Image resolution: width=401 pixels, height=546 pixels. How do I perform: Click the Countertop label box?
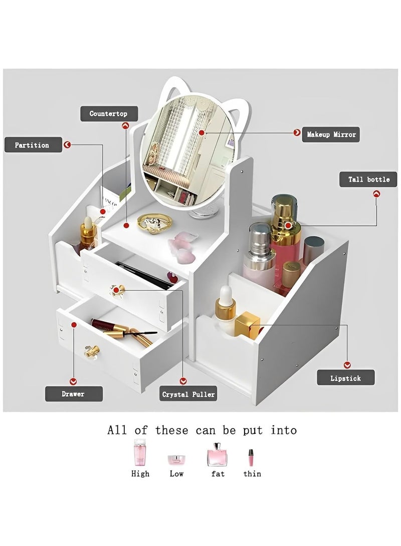click(108, 114)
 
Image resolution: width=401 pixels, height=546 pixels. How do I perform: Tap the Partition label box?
click(33, 145)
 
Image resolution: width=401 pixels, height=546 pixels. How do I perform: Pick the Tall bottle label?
click(368, 179)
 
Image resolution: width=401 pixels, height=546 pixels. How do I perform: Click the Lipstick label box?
click(345, 378)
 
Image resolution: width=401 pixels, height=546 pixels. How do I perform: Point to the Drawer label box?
click(74, 393)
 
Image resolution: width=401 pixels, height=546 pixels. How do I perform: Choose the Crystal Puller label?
click(188, 394)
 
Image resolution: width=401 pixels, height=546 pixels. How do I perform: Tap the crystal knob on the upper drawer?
click(118, 290)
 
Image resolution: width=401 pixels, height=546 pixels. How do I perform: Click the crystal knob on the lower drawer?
click(91, 350)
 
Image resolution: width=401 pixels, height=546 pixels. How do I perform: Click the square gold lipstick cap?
click(247, 325)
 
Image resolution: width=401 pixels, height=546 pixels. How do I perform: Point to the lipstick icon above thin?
click(251, 457)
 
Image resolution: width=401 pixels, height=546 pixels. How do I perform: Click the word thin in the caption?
click(252, 473)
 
